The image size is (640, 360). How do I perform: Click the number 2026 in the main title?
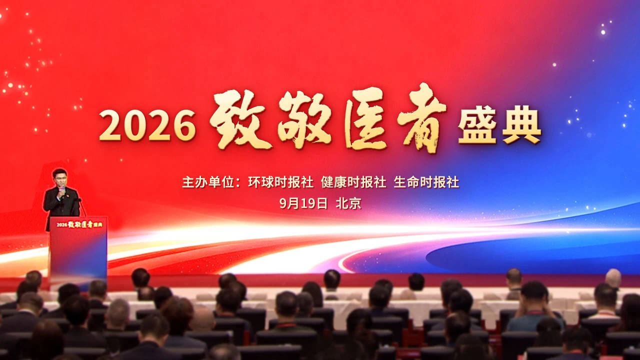pos(147,125)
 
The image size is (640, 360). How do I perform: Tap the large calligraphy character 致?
pos(240,120)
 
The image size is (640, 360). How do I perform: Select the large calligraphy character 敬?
pos(305,119)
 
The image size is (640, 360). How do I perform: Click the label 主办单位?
pos(208,182)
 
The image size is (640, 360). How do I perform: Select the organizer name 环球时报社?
pos(281,182)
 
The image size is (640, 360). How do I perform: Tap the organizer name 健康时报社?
pos(353,182)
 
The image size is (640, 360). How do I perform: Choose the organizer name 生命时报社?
pos(426,182)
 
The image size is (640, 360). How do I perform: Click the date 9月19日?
pos(303,203)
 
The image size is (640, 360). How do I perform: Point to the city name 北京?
pos(348,203)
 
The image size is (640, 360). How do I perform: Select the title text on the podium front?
pos(79,224)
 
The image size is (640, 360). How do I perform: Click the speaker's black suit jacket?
pos(61,204)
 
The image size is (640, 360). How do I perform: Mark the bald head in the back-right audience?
pos(613,278)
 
